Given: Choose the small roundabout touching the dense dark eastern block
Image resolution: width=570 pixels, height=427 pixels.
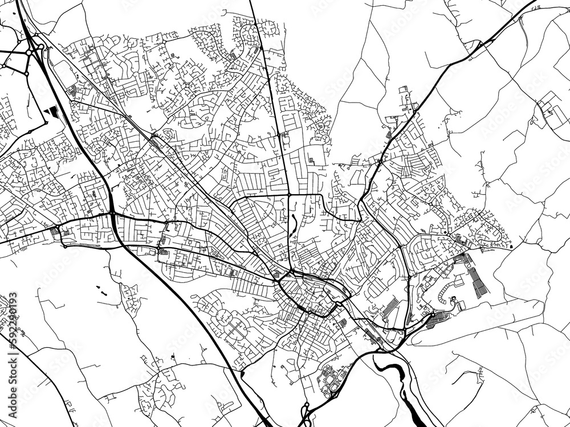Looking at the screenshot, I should pos(433,314).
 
